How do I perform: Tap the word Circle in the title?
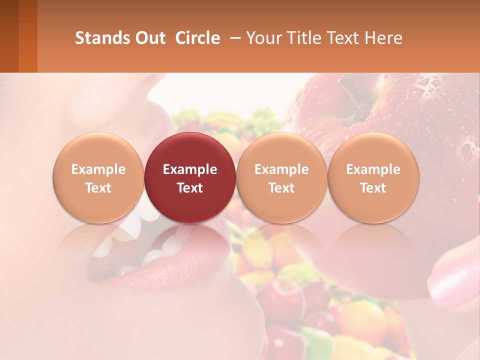(197, 38)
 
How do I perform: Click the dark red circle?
(190, 177)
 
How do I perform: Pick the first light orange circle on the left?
(98, 177)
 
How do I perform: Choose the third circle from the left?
(281, 177)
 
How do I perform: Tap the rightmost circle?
(373, 177)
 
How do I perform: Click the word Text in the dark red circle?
(190, 188)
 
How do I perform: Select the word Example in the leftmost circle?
(98, 169)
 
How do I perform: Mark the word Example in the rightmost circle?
(373, 169)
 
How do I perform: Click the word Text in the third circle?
(281, 188)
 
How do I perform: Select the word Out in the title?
(148, 38)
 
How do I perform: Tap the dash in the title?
(233, 38)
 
